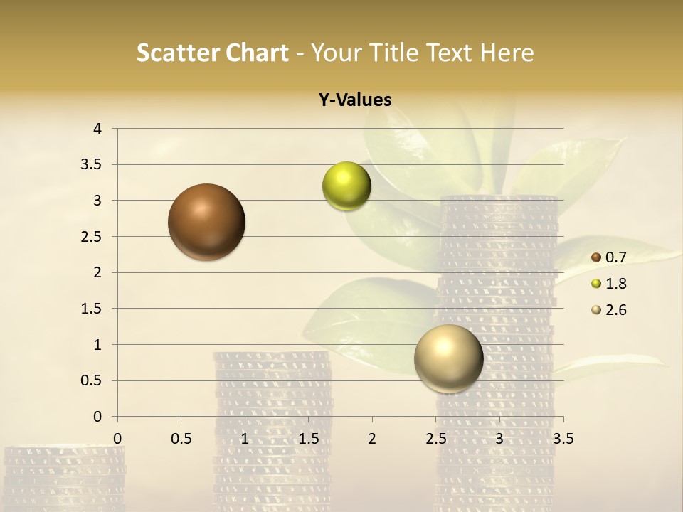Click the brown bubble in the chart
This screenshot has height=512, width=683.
click(206, 222)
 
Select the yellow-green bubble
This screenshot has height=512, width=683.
click(346, 186)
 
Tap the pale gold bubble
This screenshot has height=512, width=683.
click(448, 358)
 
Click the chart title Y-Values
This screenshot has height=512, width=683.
click(354, 100)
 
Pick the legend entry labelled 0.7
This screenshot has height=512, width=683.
click(608, 257)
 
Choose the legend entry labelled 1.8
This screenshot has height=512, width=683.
click(608, 284)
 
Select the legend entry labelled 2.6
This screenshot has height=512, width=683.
click(608, 310)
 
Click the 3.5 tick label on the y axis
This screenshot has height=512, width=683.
click(91, 165)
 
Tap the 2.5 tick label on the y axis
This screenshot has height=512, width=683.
click(91, 237)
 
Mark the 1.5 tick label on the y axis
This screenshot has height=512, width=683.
click(91, 309)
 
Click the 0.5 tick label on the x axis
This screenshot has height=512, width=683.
click(181, 439)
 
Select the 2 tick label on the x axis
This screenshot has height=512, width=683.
click(372, 439)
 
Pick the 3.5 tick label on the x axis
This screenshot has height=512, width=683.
click(563, 439)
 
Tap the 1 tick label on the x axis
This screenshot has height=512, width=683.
click(245, 439)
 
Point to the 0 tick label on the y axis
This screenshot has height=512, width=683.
click(98, 417)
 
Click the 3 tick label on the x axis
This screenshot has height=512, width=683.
click(499, 439)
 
